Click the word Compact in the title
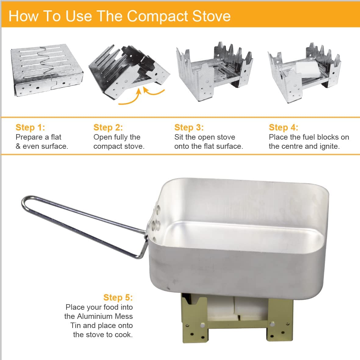point(158,16)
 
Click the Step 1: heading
point(30,127)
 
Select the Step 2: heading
point(108,127)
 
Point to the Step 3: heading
point(189,127)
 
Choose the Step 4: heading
point(283,127)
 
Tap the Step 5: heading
point(118,297)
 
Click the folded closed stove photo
point(47,70)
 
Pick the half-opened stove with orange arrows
point(129,73)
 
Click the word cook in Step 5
point(124,335)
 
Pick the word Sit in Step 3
point(179,137)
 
